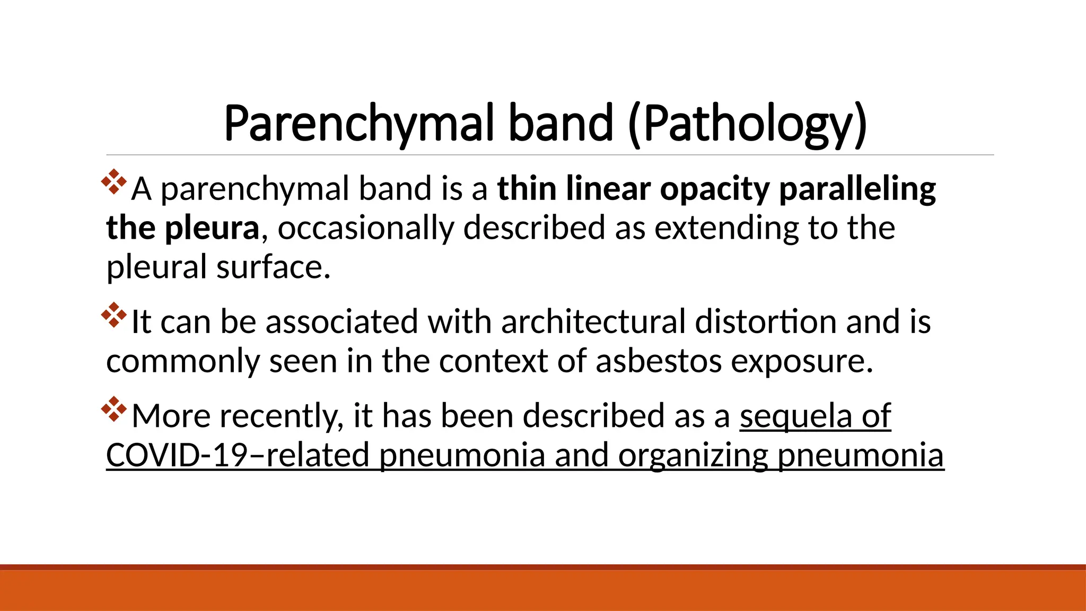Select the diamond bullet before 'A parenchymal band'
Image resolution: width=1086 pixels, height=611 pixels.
[x=114, y=181]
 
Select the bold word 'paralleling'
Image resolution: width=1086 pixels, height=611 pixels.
[x=857, y=189]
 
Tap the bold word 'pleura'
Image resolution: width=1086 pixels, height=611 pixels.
[x=212, y=229]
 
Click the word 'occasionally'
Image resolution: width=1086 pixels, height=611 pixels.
[x=366, y=229]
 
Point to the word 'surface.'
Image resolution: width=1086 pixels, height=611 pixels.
[x=274, y=267]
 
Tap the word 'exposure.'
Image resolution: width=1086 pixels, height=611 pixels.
[x=802, y=362]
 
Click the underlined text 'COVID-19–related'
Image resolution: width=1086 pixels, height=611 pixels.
[x=238, y=456]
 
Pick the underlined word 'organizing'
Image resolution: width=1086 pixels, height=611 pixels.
[x=692, y=456]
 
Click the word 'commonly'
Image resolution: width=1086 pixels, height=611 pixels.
[x=183, y=362]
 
